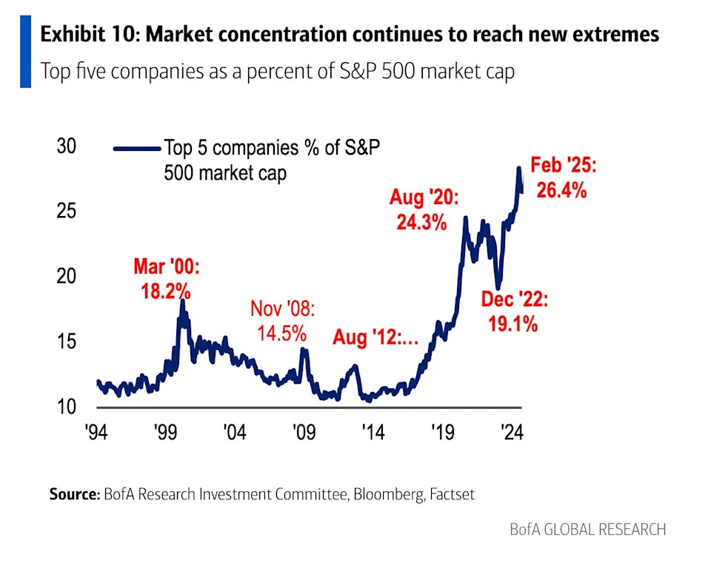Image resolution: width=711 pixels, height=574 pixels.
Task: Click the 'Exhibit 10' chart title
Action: pos(349,35)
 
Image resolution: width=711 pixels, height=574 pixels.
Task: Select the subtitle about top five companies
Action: pos(277,72)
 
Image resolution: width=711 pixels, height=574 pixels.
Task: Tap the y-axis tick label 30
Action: pos(67,146)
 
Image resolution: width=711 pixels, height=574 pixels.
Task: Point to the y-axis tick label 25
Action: pos(67,212)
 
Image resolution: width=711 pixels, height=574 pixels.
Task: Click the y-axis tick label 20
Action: pos(67,277)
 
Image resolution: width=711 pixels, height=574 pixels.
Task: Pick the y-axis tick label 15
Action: pos(67,342)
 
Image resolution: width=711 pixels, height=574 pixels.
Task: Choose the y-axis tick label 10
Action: pos(67,407)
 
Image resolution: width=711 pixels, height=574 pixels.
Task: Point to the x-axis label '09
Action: pos(303,433)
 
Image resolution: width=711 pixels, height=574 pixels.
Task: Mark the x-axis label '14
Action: pos(373,433)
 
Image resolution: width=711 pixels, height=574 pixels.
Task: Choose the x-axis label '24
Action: pos(511,433)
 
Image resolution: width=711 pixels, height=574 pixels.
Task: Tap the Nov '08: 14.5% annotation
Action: pos(281,320)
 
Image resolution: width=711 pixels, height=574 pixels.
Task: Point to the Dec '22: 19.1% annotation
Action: pos(514,311)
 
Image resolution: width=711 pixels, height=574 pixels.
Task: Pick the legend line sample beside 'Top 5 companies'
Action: pos(136,149)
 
